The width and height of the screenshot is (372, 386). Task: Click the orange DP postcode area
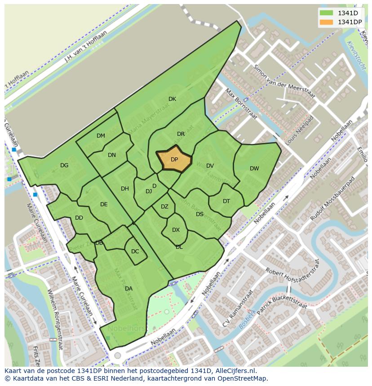pos(174,159)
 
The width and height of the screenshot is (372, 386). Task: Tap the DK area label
pos(172,99)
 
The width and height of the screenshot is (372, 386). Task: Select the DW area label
pos(254,169)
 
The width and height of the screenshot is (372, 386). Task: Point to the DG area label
pos(64,165)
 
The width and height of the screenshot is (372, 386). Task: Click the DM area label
pos(101,136)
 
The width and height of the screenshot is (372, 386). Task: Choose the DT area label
pos(226,201)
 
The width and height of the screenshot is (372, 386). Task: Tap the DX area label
pos(176,230)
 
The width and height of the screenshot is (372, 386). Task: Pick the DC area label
pos(135,252)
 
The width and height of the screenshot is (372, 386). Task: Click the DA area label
pos(128,289)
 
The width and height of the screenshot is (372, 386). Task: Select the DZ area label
pos(164,207)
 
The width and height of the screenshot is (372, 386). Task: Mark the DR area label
pos(181,134)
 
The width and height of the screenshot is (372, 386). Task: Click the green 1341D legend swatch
pos(327,13)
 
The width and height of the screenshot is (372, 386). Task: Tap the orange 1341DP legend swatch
pos(327,22)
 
